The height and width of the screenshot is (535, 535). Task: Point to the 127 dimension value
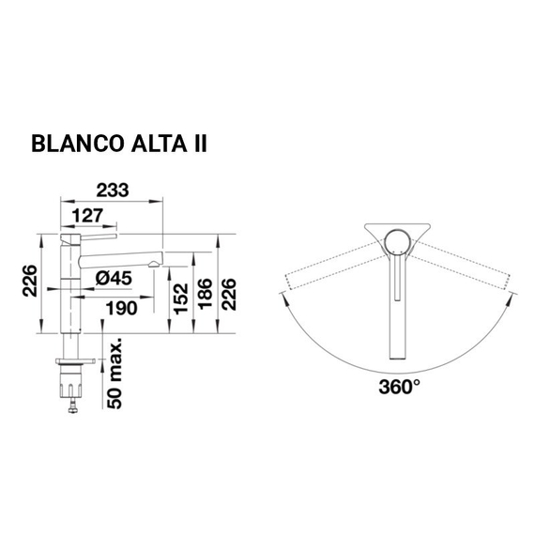coord(88,216)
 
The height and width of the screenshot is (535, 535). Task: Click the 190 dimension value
coord(120,308)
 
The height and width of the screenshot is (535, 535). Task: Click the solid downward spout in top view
coord(398,310)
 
